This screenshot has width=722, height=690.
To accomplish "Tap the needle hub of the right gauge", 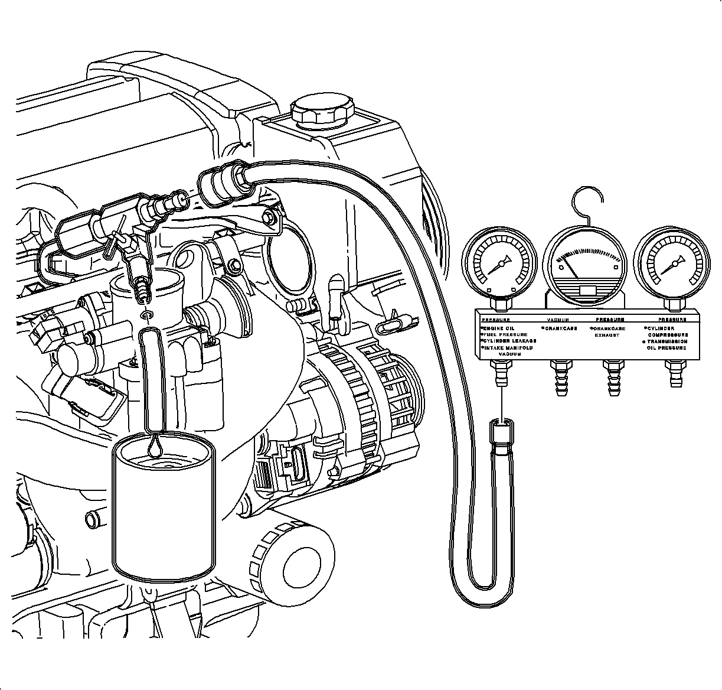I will click(672, 262).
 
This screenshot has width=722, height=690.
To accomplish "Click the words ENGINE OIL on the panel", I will click(499, 328).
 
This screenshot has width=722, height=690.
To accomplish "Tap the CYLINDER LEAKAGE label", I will click(508, 341).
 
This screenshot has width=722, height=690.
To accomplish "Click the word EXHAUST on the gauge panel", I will click(607, 335).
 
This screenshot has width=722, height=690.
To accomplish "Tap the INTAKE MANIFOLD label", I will click(507, 349).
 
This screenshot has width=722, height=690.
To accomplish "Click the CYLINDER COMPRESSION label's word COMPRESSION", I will click(668, 335).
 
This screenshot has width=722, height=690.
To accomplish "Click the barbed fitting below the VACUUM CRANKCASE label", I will click(558, 377).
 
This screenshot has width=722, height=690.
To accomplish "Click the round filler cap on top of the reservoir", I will click(323, 110).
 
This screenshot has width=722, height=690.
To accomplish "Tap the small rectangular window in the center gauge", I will click(589, 290).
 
